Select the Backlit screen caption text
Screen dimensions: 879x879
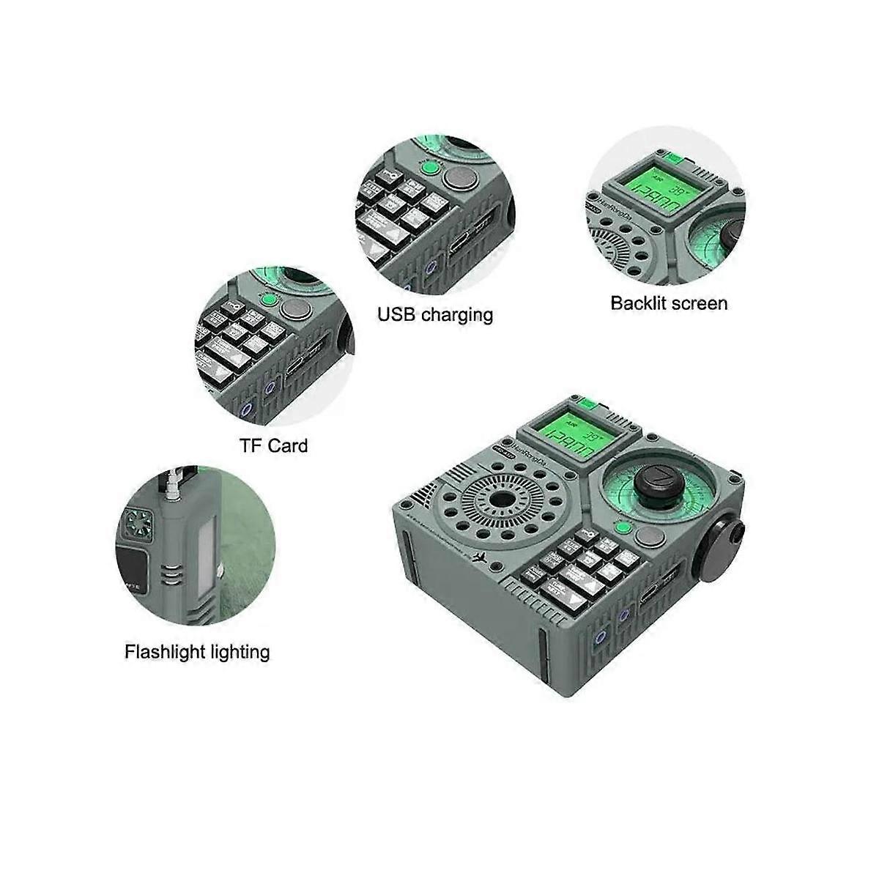pos(669,303)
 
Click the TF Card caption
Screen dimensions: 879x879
pos(273,445)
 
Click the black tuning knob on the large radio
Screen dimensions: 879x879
pos(653,484)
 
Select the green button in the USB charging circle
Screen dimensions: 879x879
pos(431,168)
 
